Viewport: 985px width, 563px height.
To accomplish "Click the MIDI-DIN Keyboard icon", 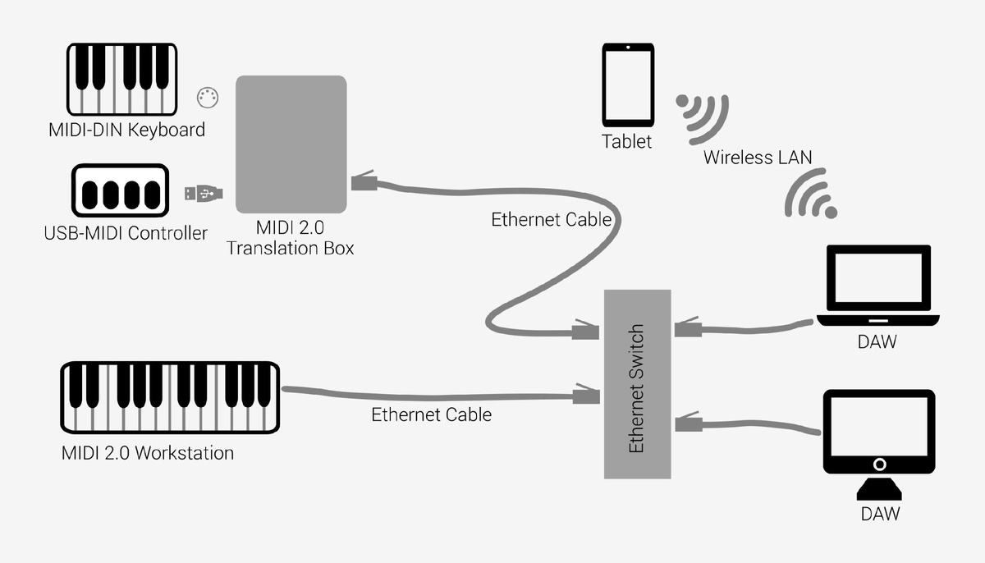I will tap(121, 80).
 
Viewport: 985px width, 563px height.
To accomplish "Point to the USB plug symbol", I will tap(202, 194).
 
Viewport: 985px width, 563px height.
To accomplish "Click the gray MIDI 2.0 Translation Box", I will tap(291, 144).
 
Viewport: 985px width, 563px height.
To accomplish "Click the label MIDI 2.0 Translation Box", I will tap(291, 236).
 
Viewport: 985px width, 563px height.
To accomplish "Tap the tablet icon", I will tap(628, 85).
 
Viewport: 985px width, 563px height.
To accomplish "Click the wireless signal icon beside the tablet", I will tap(703, 114).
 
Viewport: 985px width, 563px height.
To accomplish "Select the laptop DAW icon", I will tap(877, 287).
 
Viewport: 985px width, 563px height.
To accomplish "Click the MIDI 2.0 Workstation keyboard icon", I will tap(170, 398).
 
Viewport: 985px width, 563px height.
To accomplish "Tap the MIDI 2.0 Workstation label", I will tap(148, 453).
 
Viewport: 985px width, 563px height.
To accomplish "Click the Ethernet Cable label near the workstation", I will tap(431, 414).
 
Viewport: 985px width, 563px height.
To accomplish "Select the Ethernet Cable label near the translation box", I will tap(551, 219).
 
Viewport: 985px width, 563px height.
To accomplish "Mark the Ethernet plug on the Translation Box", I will tap(364, 181).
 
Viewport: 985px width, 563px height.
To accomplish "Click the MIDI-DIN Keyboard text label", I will tap(126, 130).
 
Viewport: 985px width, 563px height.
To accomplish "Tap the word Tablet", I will tap(626, 141).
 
